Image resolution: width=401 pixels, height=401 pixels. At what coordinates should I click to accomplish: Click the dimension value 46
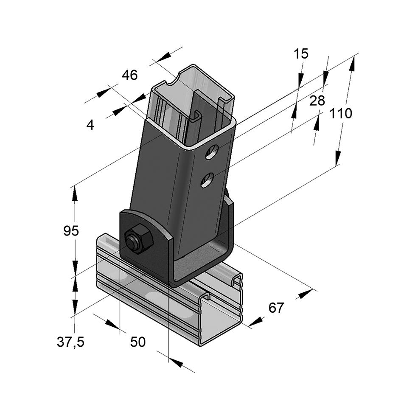[130, 75]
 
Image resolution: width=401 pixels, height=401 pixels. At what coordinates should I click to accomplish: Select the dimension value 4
[90, 125]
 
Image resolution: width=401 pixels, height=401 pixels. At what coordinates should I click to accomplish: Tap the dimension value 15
[301, 54]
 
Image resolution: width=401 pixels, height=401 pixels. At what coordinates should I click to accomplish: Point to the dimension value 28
[317, 101]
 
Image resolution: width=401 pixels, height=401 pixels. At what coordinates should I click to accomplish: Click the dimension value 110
[342, 114]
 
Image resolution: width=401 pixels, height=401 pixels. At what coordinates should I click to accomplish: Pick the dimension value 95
[71, 231]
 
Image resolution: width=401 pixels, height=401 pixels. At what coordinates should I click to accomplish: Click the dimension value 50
[138, 342]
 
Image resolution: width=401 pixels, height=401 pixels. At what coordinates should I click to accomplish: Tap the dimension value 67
[276, 308]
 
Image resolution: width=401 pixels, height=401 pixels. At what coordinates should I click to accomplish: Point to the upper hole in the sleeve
[211, 152]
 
